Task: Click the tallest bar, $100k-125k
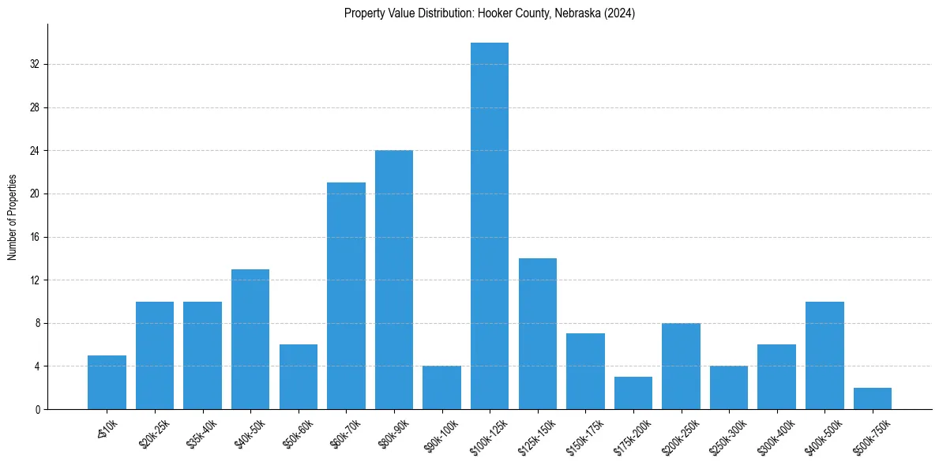(x=490, y=226)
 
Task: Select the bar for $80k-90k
(x=394, y=280)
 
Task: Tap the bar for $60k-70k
(x=346, y=296)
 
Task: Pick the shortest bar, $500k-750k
(x=873, y=399)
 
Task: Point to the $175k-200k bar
(x=633, y=393)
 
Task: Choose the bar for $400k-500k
(x=824, y=355)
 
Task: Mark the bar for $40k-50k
(x=250, y=340)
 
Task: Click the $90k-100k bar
(x=441, y=388)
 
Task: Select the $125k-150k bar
(x=538, y=334)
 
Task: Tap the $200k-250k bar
(x=681, y=366)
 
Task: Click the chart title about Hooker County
(x=490, y=13)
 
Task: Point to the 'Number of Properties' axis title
(x=12, y=217)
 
